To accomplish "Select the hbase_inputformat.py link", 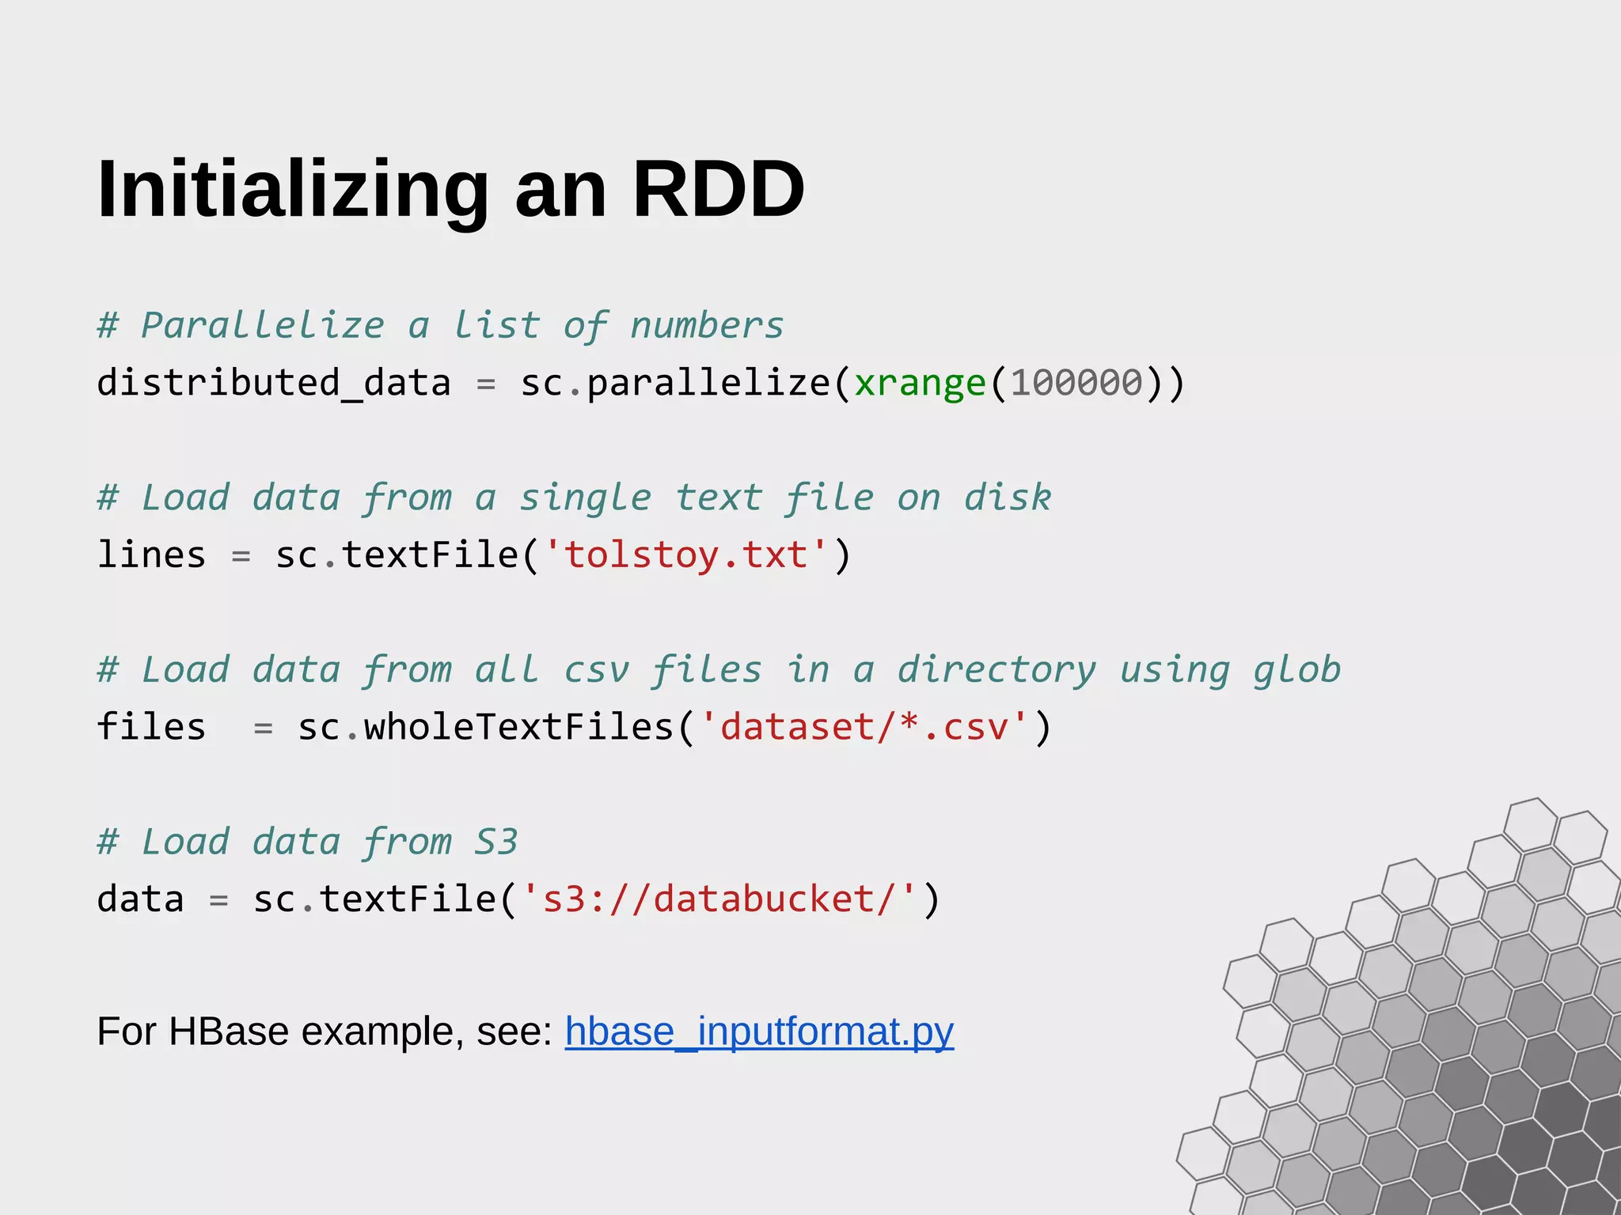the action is point(759,1031).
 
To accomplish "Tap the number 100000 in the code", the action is point(1076,384).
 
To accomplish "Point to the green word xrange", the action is point(920,384).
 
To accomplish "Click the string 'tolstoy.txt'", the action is point(685,555).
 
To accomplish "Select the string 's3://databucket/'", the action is point(719,899).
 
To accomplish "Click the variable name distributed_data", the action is point(274,384).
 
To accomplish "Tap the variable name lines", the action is point(151,555).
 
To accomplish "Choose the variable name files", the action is point(151,727).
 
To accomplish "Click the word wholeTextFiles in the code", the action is point(518,727).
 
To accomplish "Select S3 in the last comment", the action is point(496,842).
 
